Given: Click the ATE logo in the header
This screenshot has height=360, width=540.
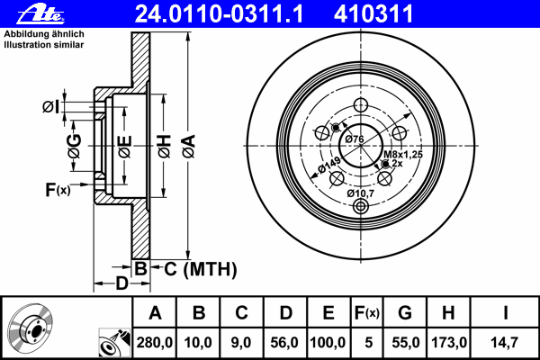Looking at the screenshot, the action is click(40, 14).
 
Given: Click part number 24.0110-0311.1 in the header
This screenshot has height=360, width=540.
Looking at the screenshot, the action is click(219, 13).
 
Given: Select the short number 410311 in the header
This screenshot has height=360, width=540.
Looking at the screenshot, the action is click(373, 13).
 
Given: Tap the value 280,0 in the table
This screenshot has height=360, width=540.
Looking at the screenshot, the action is click(154, 343).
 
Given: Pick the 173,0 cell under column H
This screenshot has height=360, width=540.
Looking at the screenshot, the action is click(449, 343).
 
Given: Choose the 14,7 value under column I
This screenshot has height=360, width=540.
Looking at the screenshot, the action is click(504, 343).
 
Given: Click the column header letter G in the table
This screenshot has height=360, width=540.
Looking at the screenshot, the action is click(405, 313).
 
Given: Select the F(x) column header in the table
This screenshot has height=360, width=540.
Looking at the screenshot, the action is click(367, 313).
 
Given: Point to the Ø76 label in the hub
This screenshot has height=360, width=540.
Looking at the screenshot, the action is click(355, 139).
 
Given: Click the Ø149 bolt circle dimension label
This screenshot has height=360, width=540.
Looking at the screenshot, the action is click(328, 165).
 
